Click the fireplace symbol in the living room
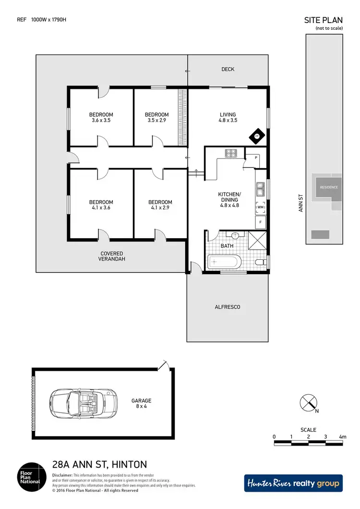tap(257, 136)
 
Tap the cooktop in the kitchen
tap(231, 153)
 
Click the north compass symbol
tap(307, 402)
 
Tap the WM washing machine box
tap(261, 207)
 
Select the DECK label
tap(228, 70)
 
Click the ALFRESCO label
tap(228, 307)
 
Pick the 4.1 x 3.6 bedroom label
tap(101, 205)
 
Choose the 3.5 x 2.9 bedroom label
tap(157, 117)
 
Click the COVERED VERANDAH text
tap(112, 256)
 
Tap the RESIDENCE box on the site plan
tap(329, 187)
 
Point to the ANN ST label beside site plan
tap(301, 203)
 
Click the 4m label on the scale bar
tap(342, 436)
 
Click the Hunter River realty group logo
tap(293, 483)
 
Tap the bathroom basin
tap(236, 236)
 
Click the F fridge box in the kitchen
tap(261, 222)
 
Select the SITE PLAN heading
tap(324, 20)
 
